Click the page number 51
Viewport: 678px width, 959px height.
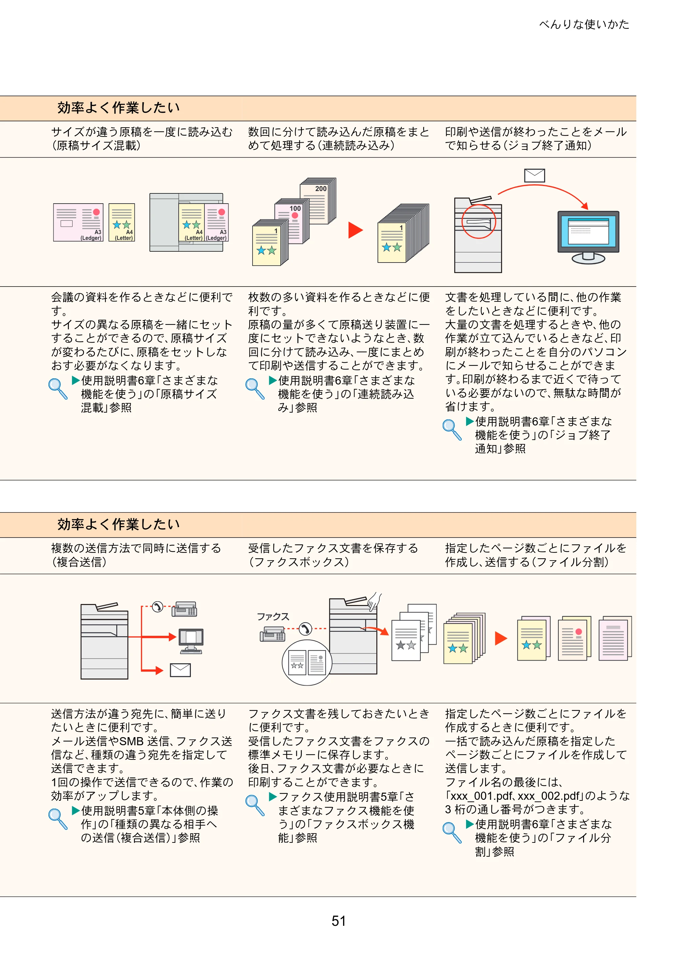point(339,921)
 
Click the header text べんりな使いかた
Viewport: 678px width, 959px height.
point(584,24)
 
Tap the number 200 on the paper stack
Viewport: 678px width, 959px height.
point(321,189)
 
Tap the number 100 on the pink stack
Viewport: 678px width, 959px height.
point(295,208)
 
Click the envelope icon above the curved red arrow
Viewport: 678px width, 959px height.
point(535,175)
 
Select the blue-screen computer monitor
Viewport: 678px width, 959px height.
point(588,237)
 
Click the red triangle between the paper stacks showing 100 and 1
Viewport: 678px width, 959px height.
point(355,230)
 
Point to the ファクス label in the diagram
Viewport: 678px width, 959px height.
point(273,617)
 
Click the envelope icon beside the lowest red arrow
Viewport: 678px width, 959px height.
point(180,670)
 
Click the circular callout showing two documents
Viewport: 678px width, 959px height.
point(307,663)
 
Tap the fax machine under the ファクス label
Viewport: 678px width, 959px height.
point(272,635)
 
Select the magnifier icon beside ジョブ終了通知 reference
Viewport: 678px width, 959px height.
point(452,430)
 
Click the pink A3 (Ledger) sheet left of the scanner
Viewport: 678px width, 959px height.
point(78,223)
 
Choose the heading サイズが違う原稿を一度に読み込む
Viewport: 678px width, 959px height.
point(142,132)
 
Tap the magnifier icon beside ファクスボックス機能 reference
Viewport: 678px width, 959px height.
point(255,805)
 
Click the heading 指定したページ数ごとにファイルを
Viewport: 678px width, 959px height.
point(536,548)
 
